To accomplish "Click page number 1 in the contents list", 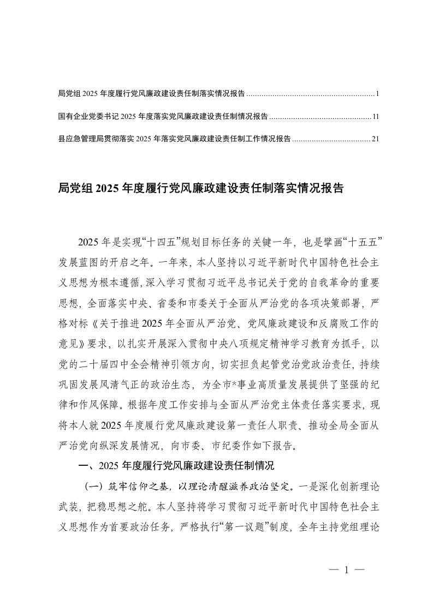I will click(377, 94).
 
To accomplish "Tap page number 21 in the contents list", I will click(375, 139).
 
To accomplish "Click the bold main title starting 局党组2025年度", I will click(200, 189).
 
